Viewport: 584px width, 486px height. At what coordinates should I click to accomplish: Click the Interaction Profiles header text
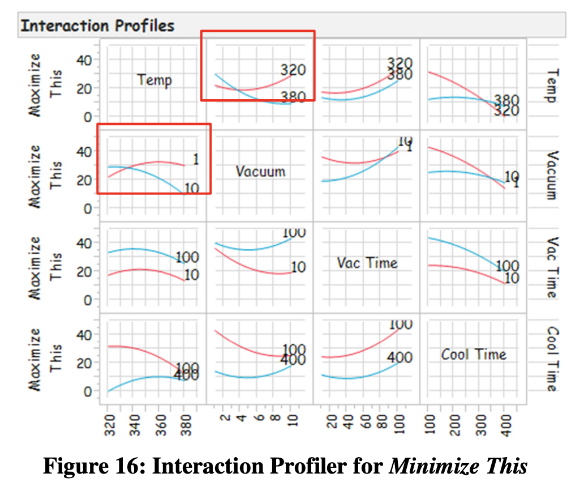97,25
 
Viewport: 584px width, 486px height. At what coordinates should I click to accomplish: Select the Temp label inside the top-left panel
154,80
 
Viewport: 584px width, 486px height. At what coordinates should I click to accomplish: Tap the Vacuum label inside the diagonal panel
261,171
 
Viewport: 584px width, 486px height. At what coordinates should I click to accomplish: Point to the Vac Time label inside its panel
367,263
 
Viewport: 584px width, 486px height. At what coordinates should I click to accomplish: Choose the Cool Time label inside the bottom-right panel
473,355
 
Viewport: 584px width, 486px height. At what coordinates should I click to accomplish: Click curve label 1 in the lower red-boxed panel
196,160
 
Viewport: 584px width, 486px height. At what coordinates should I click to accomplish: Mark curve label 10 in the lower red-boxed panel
192,188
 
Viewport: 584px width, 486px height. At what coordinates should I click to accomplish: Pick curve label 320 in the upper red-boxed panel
293,70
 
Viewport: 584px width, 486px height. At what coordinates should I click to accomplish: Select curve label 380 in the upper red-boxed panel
293,97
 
